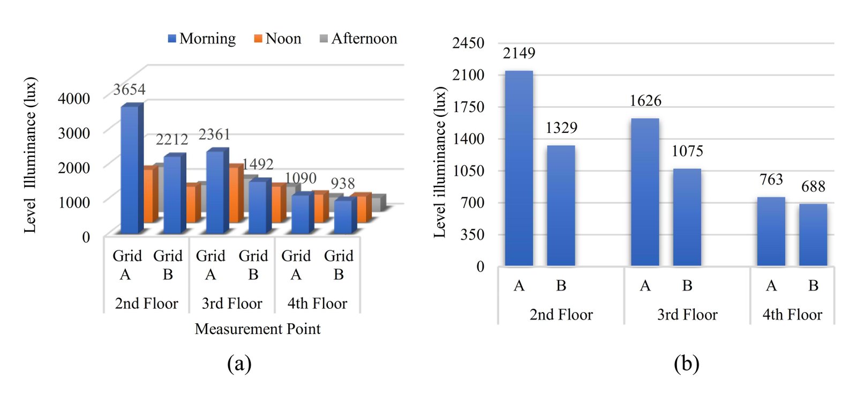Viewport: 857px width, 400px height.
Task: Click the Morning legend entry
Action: point(202,39)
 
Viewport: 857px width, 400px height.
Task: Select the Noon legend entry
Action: point(277,39)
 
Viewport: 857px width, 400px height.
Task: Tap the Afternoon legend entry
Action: point(358,39)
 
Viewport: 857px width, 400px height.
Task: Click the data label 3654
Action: point(129,89)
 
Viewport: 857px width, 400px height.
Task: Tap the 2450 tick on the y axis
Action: point(468,43)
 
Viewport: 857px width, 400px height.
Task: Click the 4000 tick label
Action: point(74,98)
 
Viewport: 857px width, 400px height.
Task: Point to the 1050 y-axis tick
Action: point(468,171)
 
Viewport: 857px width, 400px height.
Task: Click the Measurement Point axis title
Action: point(258,329)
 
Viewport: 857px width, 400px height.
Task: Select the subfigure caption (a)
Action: point(239,364)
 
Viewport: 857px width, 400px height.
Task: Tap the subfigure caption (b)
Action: point(686,364)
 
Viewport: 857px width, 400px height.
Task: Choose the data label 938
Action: point(342,183)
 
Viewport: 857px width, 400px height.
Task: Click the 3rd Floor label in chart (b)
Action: point(687,315)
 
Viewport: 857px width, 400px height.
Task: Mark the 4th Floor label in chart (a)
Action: point(317,303)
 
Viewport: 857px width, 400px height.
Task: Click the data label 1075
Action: point(687,151)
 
